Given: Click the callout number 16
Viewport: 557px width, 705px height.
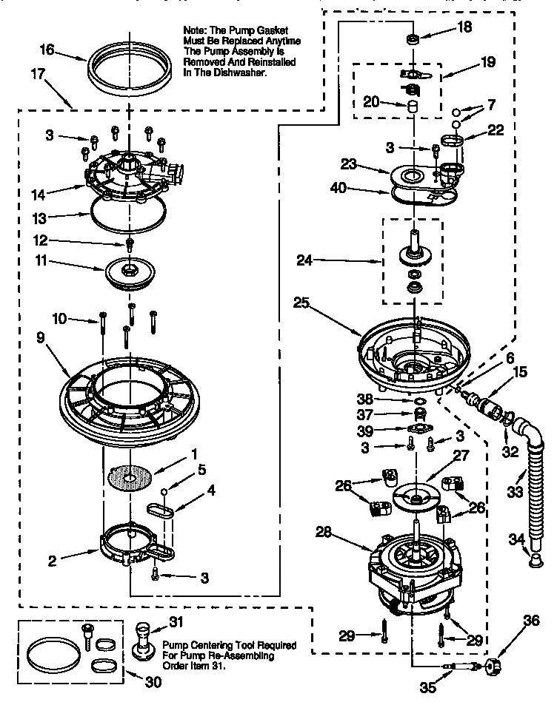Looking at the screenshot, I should (46, 50).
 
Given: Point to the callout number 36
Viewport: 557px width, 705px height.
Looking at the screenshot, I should (532, 622).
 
